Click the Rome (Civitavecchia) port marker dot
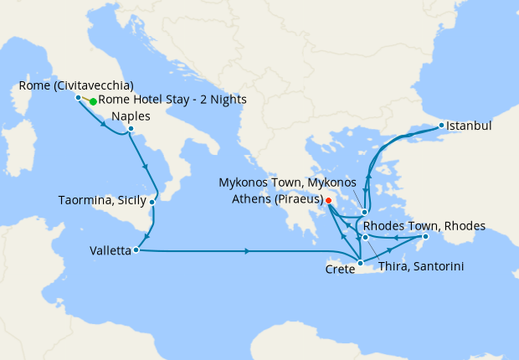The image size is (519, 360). (x=78, y=97)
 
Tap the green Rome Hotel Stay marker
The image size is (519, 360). (x=93, y=101)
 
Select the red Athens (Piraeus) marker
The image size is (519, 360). (x=329, y=200)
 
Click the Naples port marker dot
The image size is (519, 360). (x=131, y=129)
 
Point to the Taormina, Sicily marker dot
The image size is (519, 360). (x=152, y=202)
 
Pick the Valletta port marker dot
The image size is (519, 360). (x=135, y=249)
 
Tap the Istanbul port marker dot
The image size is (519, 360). (x=442, y=126)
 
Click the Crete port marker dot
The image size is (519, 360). (x=359, y=265)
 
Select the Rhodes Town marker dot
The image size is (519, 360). (x=424, y=238)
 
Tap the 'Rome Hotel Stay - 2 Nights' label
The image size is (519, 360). (x=172, y=100)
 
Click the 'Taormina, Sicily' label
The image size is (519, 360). (x=101, y=201)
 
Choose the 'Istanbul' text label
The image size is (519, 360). (x=470, y=126)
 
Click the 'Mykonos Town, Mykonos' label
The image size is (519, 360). (x=287, y=182)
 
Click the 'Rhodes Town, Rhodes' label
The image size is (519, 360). (x=424, y=225)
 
